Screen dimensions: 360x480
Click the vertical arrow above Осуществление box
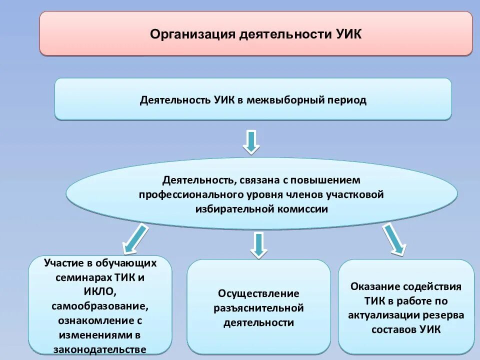pyautogui.click(x=258, y=244)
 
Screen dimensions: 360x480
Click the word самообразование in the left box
pyautogui.click(x=99, y=305)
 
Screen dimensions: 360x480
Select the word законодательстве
pyautogui.click(x=99, y=349)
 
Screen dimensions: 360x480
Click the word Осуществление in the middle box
pyautogui.click(x=258, y=293)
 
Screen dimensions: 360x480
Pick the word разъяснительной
pyautogui.click(x=258, y=308)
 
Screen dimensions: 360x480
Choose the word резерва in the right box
pyautogui.click(x=445, y=315)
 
